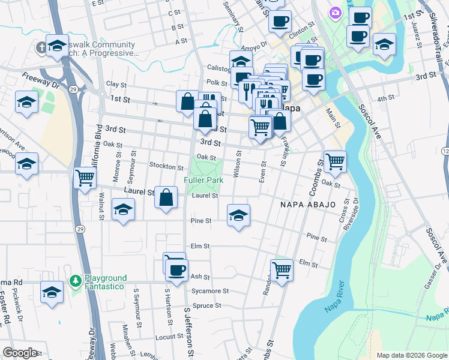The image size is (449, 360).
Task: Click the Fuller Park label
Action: tap(203, 180)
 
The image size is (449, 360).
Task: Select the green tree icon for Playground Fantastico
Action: tap(75, 280)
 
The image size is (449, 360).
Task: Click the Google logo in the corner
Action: tap(20, 352)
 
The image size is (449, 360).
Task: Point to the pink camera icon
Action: tap(335, 13)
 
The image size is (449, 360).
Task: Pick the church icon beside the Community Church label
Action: tap(41, 47)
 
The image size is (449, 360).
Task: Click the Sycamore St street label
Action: tap(210, 291)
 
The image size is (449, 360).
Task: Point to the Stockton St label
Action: tap(166, 167)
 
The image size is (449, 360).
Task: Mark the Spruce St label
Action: tap(206, 305)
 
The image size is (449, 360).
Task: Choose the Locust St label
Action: tap(169, 338)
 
